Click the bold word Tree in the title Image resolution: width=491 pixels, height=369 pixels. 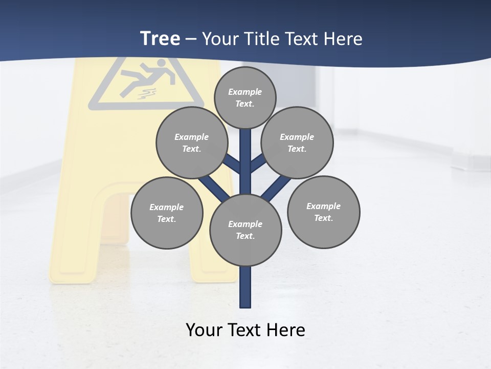160,38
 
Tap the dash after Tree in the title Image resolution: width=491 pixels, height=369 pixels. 191,39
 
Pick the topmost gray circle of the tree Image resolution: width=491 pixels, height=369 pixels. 245,97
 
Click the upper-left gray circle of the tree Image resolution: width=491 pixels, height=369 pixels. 192,142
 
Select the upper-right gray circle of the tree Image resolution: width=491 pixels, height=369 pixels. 297,142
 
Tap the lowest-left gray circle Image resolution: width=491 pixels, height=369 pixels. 167,213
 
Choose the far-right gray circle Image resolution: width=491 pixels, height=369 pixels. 323,212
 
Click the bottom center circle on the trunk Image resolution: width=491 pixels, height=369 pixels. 245,230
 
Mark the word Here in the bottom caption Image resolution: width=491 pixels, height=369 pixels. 287,330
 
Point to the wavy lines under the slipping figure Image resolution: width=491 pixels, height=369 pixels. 149,94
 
